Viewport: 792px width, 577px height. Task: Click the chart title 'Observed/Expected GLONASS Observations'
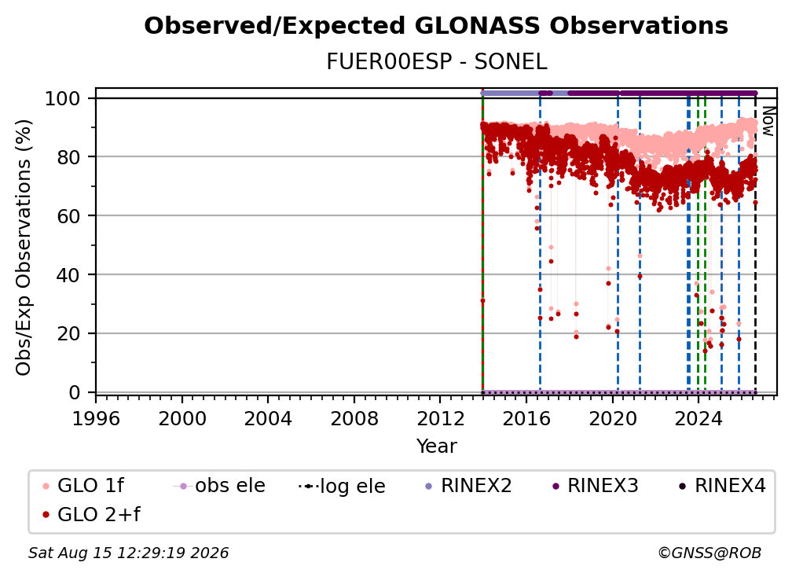pos(436,26)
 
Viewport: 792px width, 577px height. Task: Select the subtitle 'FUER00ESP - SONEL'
pos(436,62)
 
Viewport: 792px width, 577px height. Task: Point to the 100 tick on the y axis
pos(63,98)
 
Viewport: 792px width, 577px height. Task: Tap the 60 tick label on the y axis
pos(68,216)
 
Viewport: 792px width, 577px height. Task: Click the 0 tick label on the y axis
pos(75,392)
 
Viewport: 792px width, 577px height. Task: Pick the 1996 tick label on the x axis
pos(96,419)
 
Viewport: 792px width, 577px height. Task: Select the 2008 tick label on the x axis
pos(354,419)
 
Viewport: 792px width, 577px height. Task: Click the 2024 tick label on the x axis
pos(698,419)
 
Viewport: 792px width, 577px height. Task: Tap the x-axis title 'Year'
pos(436,447)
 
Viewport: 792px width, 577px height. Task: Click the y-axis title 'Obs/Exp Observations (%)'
pos(24,247)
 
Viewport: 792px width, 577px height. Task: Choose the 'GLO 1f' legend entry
pos(83,486)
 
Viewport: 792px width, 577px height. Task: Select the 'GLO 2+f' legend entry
pos(91,514)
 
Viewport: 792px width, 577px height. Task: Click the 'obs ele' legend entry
pos(219,486)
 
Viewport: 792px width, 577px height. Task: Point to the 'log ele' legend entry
pos(342,486)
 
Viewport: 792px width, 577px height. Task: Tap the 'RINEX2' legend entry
pos(468,486)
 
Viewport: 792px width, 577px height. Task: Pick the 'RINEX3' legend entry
pos(595,486)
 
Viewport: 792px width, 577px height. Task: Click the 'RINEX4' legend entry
pos(722,486)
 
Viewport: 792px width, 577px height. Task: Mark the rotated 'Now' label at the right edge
pos(768,121)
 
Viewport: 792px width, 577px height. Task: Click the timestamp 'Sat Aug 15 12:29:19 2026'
pos(128,553)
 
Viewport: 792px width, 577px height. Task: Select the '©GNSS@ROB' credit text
pos(709,553)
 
